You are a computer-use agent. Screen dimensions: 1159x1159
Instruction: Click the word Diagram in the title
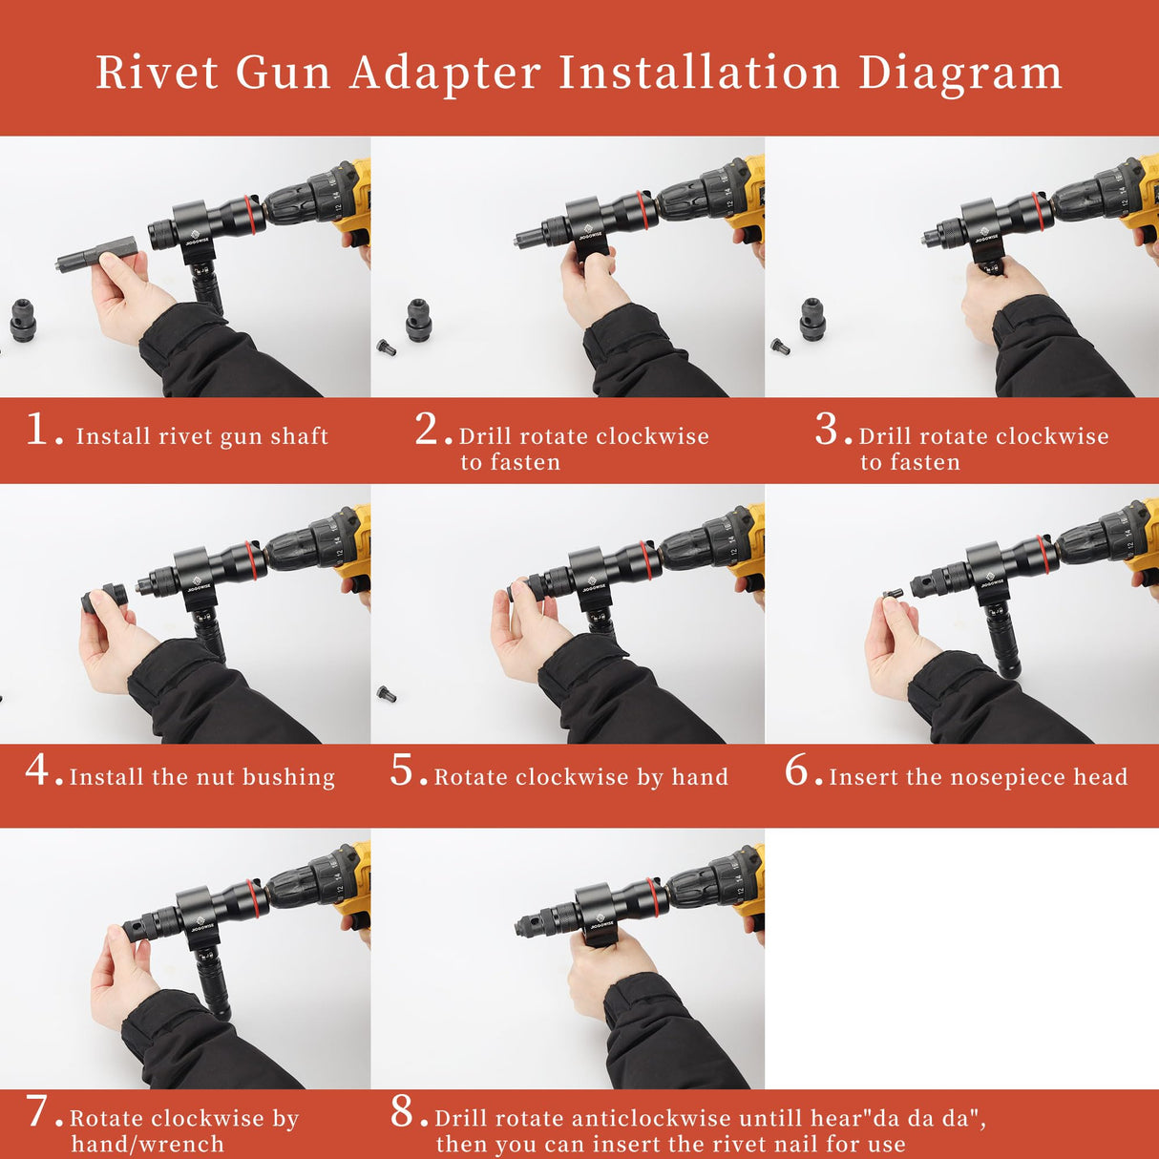(959, 73)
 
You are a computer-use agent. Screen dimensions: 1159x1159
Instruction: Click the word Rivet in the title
(158, 73)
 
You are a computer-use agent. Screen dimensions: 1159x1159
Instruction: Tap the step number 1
(38, 430)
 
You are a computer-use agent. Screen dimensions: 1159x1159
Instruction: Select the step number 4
(38, 769)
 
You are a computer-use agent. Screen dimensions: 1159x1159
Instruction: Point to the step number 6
(797, 770)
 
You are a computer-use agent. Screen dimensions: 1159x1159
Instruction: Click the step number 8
(403, 1111)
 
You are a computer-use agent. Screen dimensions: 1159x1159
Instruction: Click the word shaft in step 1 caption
(299, 436)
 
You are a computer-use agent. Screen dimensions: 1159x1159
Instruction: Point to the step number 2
(427, 430)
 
